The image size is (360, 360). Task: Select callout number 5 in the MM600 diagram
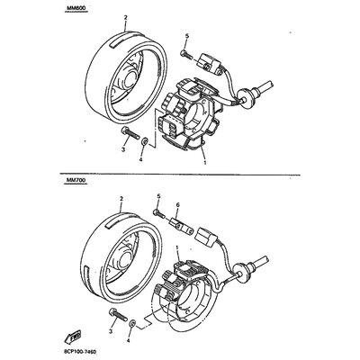click(x=185, y=35)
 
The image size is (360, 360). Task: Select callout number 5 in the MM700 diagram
click(x=158, y=195)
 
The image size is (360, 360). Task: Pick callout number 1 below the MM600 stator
click(x=205, y=164)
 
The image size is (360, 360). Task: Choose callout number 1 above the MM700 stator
click(x=176, y=247)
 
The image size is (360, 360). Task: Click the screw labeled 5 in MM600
click(x=188, y=50)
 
